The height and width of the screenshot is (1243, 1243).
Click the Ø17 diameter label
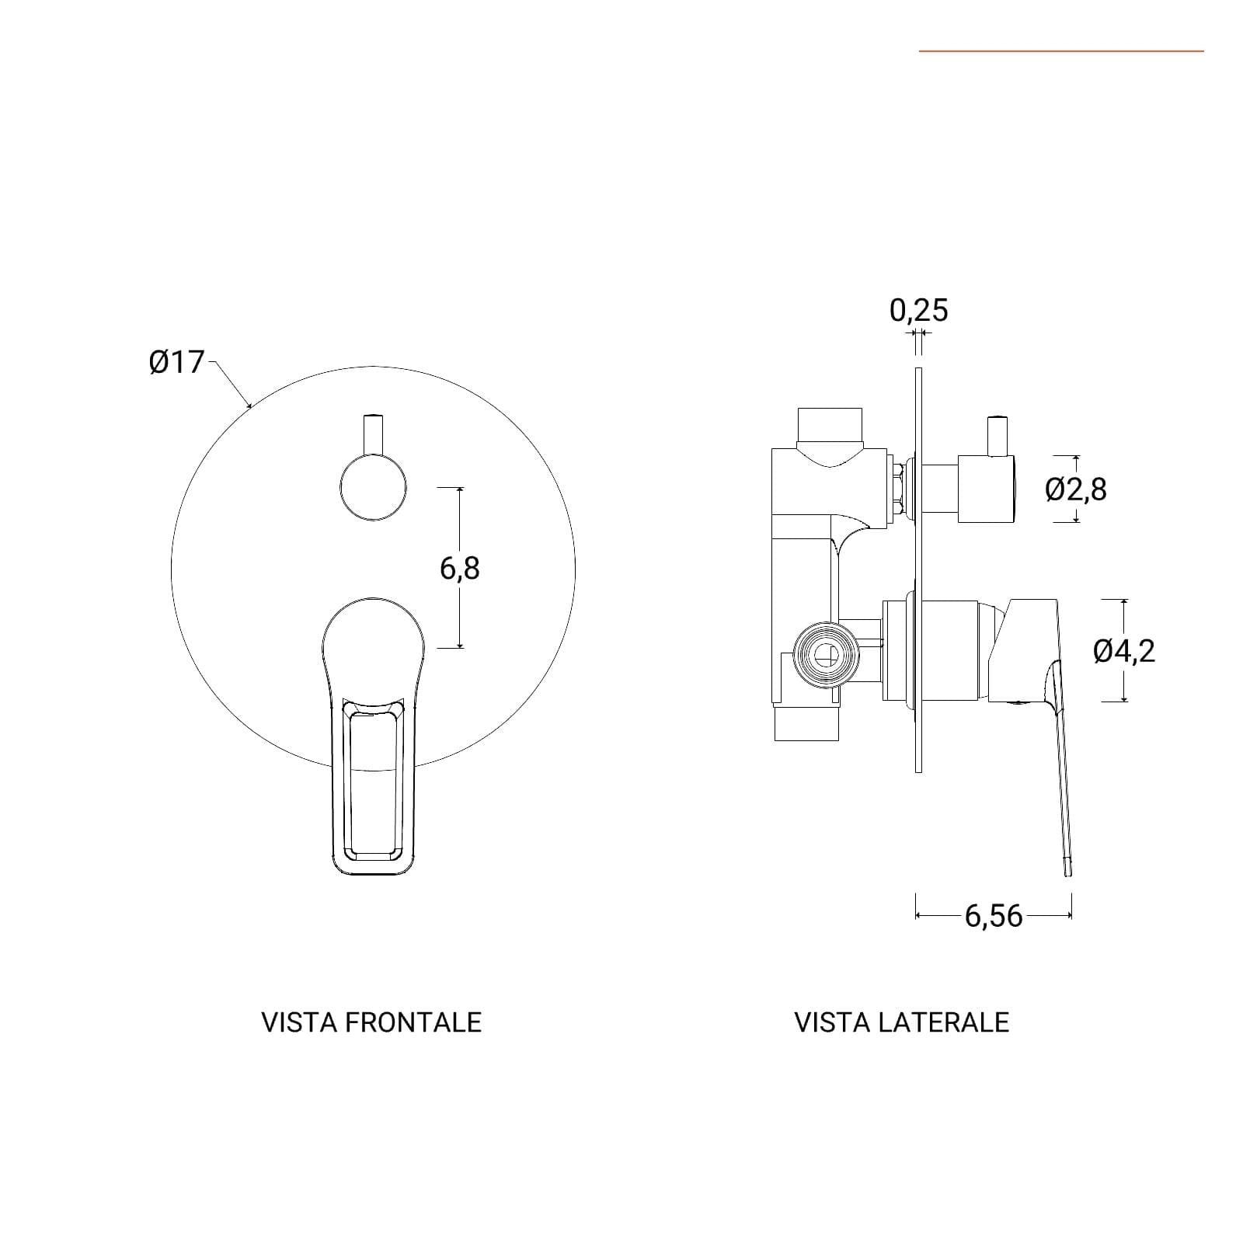pos(176,362)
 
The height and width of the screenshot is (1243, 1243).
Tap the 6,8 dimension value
pos(460,569)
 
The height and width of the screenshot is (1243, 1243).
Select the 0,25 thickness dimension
pos(919,310)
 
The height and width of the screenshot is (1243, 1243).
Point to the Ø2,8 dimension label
pos(1076,489)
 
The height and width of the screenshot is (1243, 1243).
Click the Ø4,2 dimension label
pos(1124,650)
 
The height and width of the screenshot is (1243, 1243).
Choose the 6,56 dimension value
pos(994,917)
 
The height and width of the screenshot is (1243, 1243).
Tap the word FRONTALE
pos(413,1022)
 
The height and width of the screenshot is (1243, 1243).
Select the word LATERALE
pos(944,1022)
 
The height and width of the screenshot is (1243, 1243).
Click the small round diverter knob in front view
pos(373,487)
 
